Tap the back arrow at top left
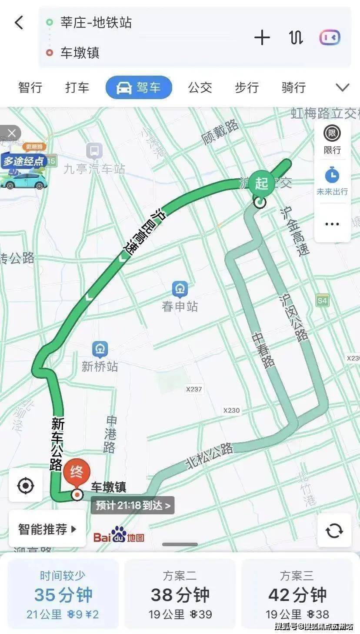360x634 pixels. pyautogui.click(x=19, y=23)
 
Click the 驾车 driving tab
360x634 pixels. pyautogui.click(x=139, y=87)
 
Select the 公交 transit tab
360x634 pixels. pyautogui.click(x=200, y=87)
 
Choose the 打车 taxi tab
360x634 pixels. pyautogui.click(x=77, y=87)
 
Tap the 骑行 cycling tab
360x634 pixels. pyautogui.click(x=293, y=87)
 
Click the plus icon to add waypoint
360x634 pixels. pyautogui.click(x=262, y=38)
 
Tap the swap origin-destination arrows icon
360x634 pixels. pyautogui.click(x=296, y=38)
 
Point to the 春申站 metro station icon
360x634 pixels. pyautogui.click(x=180, y=288)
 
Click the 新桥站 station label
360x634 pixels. pyautogui.click(x=100, y=367)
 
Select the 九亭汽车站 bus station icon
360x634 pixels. pyautogui.click(x=94, y=151)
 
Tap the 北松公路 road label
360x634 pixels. pyautogui.click(x=210, y=456)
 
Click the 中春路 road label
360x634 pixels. pyautogui.click(x=264, y=350)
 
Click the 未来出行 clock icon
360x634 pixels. pyautogui.click(x=332, y=175)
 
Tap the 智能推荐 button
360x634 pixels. pyautogui.click(x=47, y=529)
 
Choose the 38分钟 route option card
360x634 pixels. pyautogui.click(x=180, y=594)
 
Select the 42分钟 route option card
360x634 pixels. pyautogui.click(x=297, y=594)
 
